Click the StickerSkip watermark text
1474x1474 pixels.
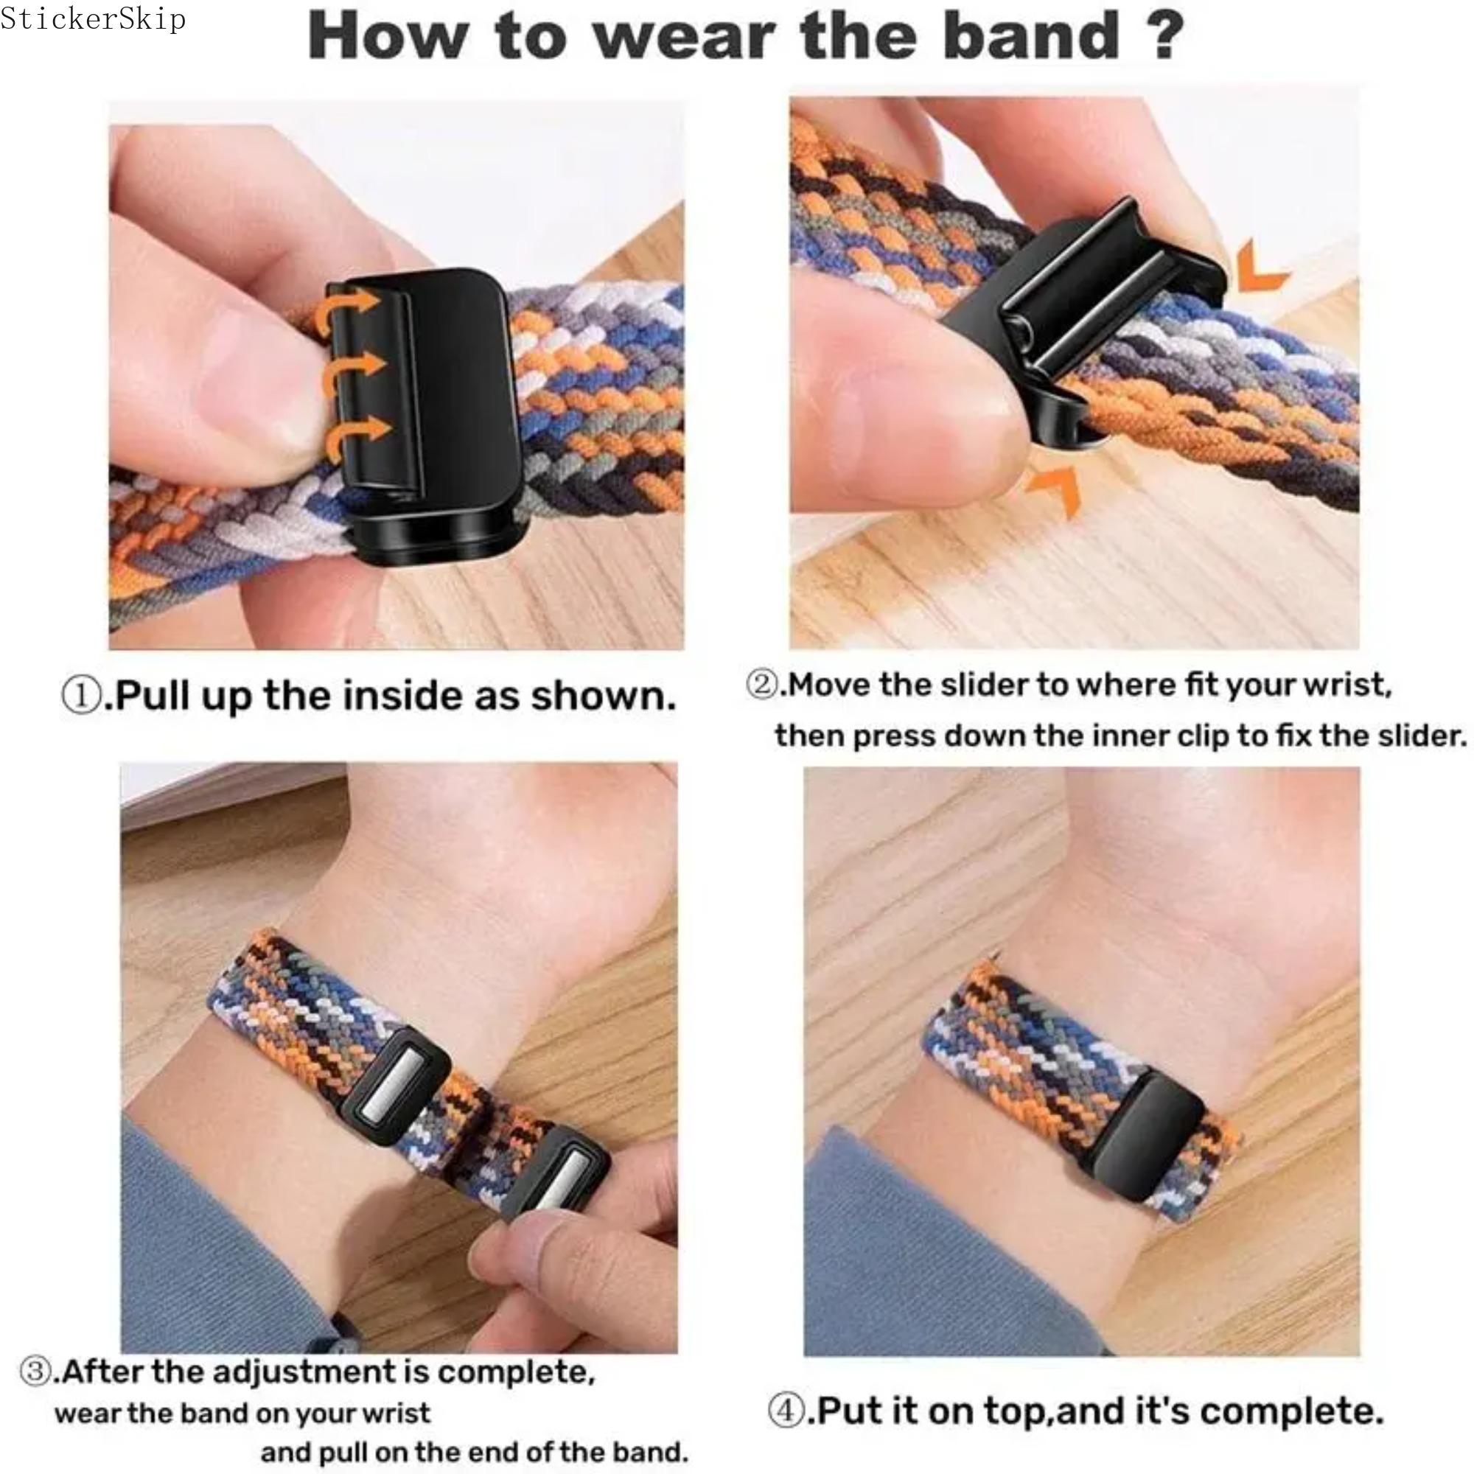92,18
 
